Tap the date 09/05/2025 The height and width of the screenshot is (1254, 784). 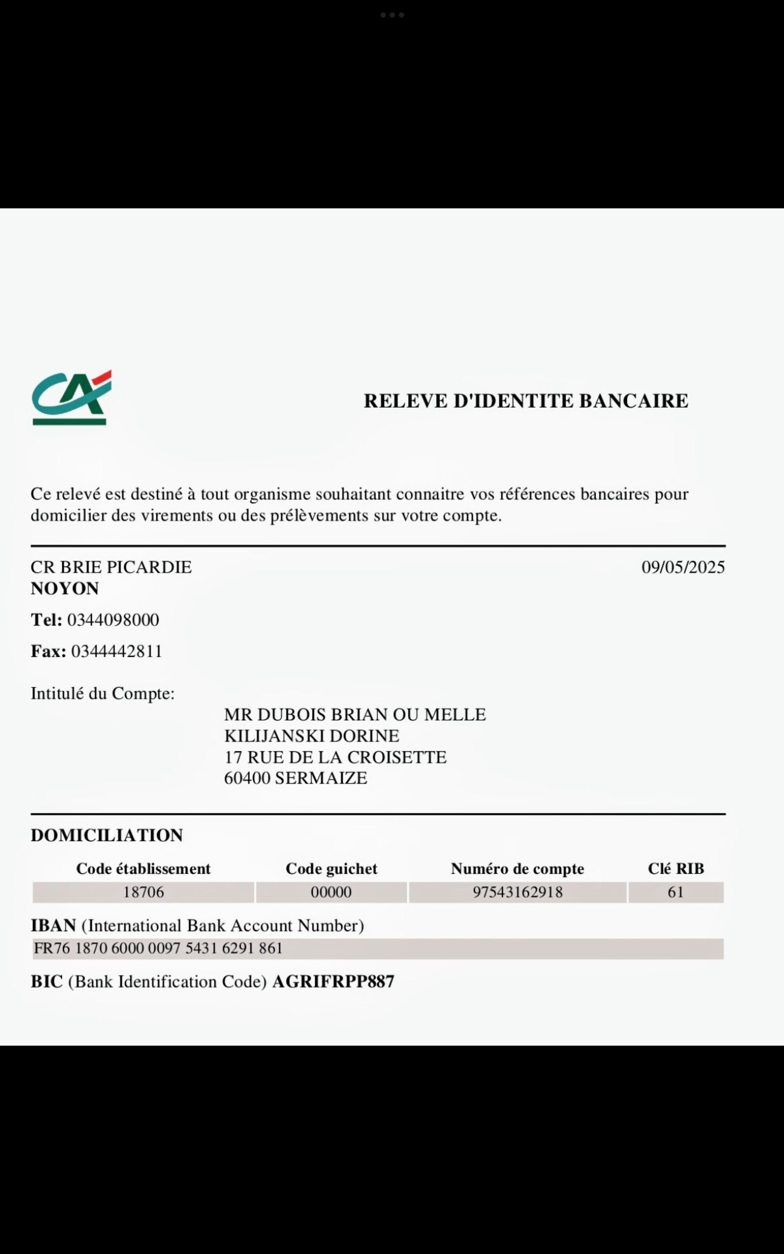click(683, 567)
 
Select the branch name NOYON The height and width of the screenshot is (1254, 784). click(65, 589)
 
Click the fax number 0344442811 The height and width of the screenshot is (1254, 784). click(117, 651)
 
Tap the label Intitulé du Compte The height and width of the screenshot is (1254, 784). click(103, 693)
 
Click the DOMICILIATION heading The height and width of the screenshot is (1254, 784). click(107, 835)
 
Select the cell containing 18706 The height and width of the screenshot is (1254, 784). click(143, 892)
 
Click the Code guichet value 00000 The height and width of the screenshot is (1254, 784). click(331, 892)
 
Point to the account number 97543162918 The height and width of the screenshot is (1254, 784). click(517, 892)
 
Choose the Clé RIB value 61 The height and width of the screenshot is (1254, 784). click(675, 892)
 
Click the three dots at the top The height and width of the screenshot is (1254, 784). click(392, 15)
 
